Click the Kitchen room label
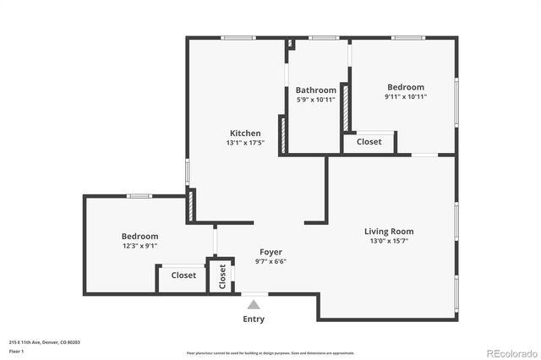pyautogui.click(x=245, y=134)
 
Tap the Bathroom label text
pyautogui.click(x=315, y=90)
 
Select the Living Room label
pyautogui.click(x=389, y=231)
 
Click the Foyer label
pyautogui.click(x=270, y=252)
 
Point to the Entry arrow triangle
pyautogui.click(x=254, y=304)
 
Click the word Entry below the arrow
pyautogui.click(x=254, y=319)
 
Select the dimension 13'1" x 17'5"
pyautogui.click(x=245, y=144)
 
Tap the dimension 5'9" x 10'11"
pyautogui.click(x=315, y=100)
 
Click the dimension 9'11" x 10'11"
pyautogui.click(x=406, y=96)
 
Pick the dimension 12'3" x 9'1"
pyautogui.click(x=139, y=246)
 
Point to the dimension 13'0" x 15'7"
pyautogui.click(x=389, y=241)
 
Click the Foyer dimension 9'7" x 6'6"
pyautogui.click(x=270, y=262)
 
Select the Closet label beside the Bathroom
pyautogui.click(x=369, y=142)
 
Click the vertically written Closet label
pyautogui.click(x=222, y=276)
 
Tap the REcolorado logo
pyautogui.click(x=509, y=352)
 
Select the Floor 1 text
pyautogui.click(x=17, y=350)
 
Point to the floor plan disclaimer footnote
pyautogui.click(x=270, y=352)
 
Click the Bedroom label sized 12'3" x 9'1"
pyautogui.click(x=139, y=237)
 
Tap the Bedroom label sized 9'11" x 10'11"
pyautogui.click(x=406, y=87)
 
